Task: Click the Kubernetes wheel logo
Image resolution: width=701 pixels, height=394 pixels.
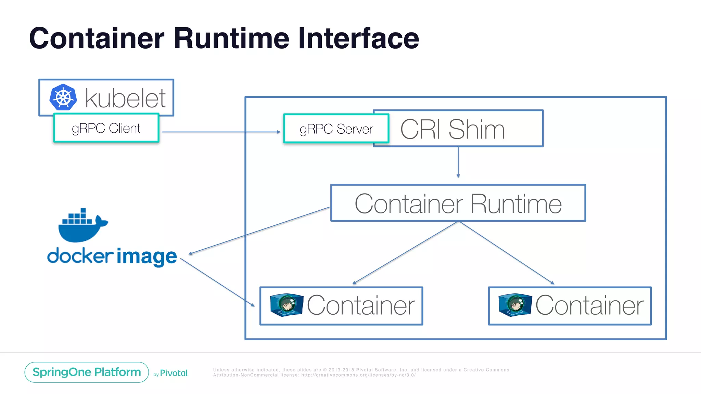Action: coord(63,97)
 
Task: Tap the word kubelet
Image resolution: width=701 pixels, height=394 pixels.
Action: coord(125,98)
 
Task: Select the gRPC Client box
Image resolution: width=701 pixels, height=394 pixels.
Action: coord(106,128)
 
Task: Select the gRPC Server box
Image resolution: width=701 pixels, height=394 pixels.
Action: coord(336,129)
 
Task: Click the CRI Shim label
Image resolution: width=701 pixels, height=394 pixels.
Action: coord(452,129)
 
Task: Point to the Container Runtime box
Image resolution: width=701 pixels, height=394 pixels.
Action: coord(458,203)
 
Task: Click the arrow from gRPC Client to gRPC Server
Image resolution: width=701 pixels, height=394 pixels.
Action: coord(221,132)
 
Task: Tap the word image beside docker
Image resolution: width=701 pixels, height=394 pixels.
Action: coord(147,257)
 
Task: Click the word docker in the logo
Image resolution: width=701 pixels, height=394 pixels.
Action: coord(80,256)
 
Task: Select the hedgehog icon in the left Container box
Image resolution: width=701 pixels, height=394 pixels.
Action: coord(286,304)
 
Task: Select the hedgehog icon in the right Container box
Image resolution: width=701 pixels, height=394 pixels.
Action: coord(515,304)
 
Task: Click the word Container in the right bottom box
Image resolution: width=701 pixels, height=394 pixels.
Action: coord(589,305)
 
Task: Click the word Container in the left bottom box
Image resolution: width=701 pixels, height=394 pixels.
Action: coord(361,305)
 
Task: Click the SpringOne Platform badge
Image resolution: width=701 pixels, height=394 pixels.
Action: coord(87,372)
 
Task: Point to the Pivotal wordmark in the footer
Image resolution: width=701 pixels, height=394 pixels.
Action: coord(174,373)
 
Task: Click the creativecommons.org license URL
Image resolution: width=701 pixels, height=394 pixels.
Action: coord(358,375)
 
